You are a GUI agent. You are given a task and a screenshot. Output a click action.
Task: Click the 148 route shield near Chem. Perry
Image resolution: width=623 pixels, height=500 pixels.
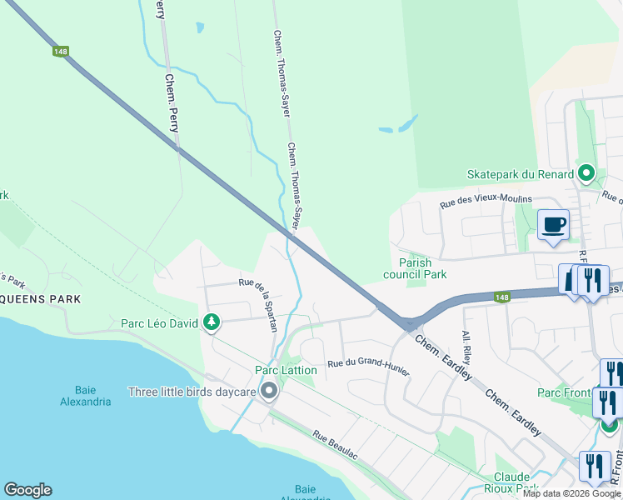60,52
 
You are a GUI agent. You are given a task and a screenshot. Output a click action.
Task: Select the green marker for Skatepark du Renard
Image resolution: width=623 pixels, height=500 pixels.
586,174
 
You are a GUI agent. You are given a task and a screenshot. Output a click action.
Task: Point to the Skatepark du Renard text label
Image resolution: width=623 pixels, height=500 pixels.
521,174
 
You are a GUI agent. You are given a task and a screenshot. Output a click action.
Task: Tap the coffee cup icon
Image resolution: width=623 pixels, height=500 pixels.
554,225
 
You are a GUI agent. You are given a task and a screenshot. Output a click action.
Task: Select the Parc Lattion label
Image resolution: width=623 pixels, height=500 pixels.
286,370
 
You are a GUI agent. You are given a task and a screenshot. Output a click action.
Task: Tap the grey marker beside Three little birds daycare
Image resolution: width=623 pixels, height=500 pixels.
268,391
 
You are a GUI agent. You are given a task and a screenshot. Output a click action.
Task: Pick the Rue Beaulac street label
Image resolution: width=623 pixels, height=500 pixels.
335,447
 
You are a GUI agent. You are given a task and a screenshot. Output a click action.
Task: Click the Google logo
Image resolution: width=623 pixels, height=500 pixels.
27,490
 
